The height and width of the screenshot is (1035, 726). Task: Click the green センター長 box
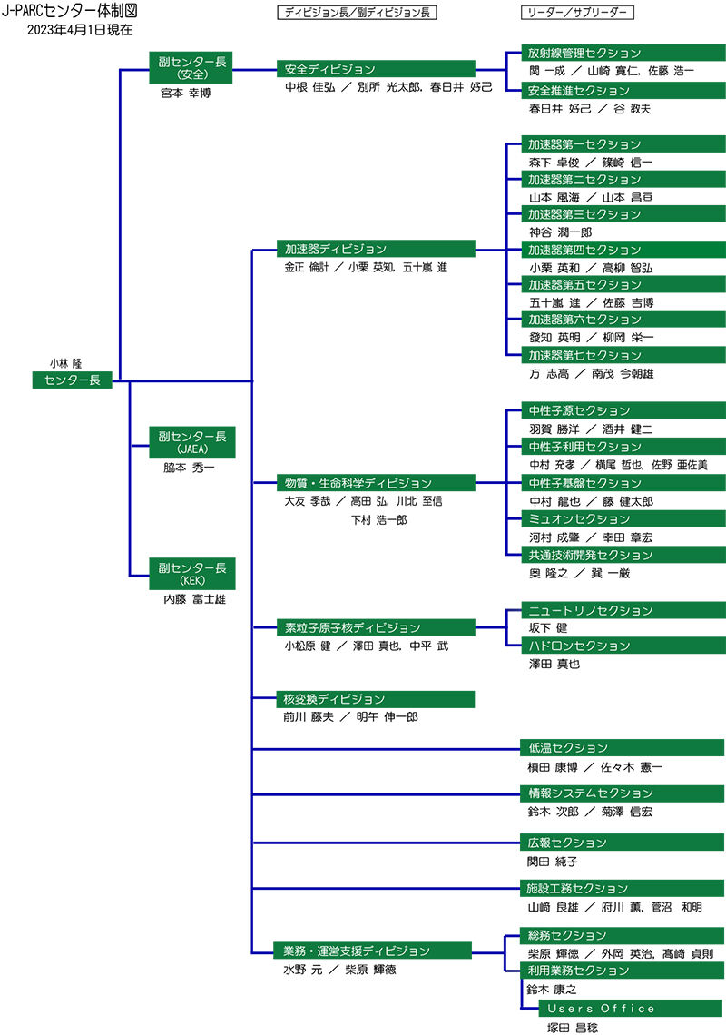pos(73,380)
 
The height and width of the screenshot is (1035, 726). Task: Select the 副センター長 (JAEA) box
pos(191,442)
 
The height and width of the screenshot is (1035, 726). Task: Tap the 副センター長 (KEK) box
pos(191,573)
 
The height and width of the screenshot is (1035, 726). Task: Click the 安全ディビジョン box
pos(376,69)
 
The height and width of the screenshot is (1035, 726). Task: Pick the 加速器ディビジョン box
pos(376,249)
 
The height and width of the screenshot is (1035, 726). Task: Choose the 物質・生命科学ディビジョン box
pos(376,483)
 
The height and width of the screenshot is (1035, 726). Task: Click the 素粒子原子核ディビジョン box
pos(376,627)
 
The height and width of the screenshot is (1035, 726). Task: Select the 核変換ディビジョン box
pos(376,699)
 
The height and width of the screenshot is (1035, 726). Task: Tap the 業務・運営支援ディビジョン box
pos(376,951)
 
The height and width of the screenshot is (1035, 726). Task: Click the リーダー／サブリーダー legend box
pos(577,13)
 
